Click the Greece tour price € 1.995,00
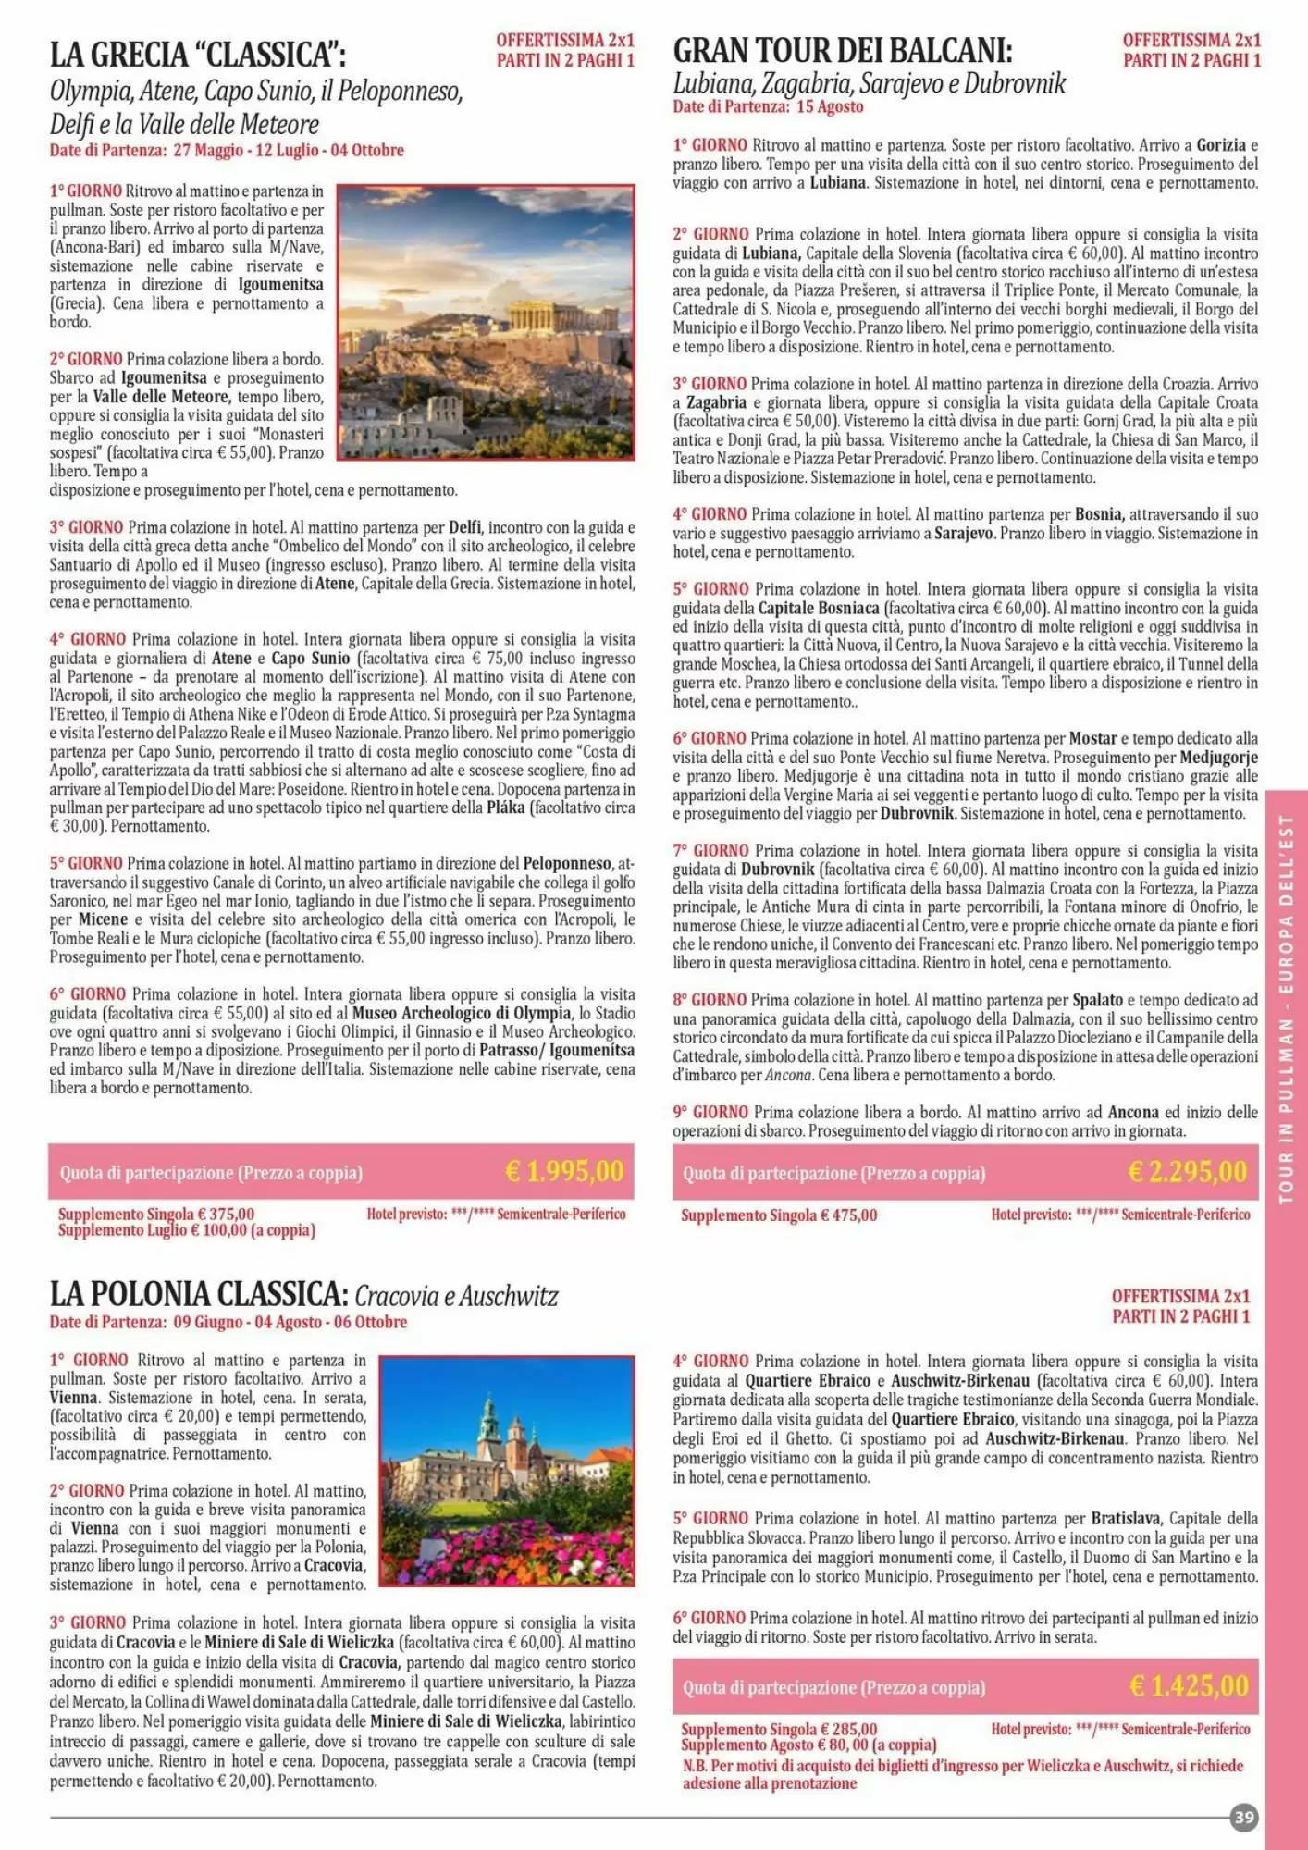point(564,1172)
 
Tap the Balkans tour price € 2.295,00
point(1188,1172)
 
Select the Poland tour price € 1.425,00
point(1189,1685)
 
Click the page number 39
point(1244,1818)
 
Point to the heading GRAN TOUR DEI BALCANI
point(843,49)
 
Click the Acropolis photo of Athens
point(486,322)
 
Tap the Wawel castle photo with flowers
point(507,1471)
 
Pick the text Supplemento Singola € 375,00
point(156,1214)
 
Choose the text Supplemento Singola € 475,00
point(779,1215)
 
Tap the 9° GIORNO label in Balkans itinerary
point(710,1112)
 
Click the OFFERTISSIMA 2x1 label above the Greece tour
point(565,41)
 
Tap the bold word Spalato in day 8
point(1097,1000)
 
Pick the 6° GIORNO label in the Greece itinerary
point(87,994)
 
